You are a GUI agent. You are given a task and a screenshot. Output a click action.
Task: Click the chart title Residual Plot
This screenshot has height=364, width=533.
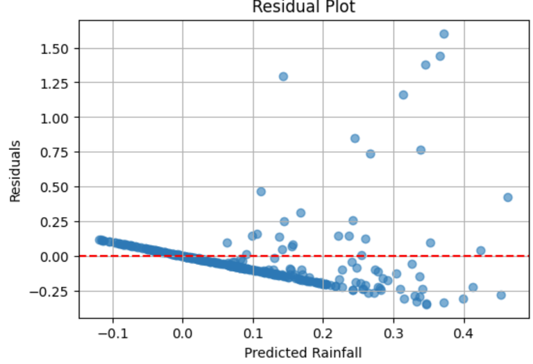click(x=303, y=7)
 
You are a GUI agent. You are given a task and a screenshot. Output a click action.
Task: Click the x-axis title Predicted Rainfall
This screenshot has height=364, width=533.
click(x=303, y=353)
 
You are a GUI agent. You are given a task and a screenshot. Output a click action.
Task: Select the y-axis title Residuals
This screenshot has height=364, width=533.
click(x=15, y=172)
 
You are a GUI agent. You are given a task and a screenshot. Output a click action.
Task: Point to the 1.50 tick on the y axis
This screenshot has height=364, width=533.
click(x=58, y=49)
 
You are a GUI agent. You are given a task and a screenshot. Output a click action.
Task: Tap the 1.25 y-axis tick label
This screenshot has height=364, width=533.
click(x=58, y=83)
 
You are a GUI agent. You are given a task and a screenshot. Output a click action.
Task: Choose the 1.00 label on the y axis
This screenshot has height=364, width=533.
click(x=58, y=118)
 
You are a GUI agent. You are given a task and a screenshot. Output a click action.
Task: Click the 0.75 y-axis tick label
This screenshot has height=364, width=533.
click(x=58, y=153)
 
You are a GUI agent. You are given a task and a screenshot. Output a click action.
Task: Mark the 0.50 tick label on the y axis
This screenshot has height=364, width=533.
click(x=58, y=187)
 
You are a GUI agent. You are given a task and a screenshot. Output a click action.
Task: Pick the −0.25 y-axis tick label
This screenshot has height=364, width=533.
click(x=54, y=291)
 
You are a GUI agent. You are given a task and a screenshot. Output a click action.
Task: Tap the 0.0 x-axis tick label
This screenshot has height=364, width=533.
click(x=183, y=333)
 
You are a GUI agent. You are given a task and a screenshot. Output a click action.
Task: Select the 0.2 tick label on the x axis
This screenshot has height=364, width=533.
click(x=323, y=333)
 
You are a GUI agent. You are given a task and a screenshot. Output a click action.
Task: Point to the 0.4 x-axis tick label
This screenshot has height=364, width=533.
click(x=464, y=333)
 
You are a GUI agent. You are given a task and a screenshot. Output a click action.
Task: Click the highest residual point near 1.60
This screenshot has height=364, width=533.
click(x=444, y=34)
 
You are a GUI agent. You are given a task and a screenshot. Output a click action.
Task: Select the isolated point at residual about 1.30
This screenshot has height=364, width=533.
click(x=283, y=76)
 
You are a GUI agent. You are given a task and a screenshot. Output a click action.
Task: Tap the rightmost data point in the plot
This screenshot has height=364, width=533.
click(x=507, y=198)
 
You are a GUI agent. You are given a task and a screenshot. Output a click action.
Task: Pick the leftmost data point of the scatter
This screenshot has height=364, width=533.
click(x=100, y=240)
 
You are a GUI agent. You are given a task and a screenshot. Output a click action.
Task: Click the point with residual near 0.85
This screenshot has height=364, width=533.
click(x=355, y=139)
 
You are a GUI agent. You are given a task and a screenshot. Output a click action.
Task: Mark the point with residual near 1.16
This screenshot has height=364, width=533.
click(x=403, y=95)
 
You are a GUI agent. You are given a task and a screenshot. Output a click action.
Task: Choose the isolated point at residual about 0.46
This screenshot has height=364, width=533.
click(x=261, y=191)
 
